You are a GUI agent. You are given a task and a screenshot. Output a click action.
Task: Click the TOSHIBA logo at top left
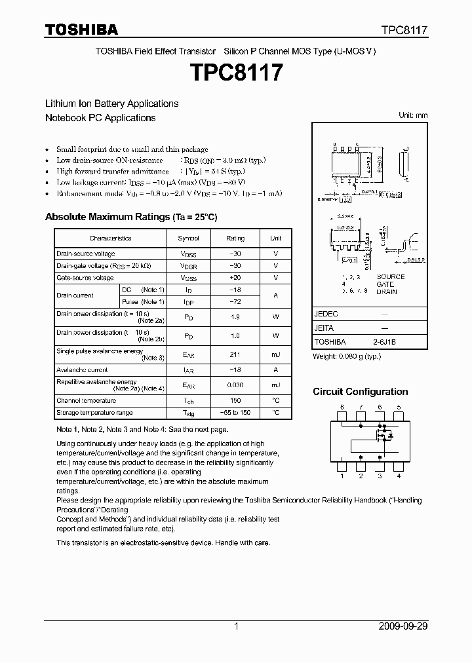pos(81,29)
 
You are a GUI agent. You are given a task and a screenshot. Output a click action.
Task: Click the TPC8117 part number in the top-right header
pos(404,30)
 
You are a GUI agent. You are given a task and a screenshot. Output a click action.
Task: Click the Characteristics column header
pos(110,238)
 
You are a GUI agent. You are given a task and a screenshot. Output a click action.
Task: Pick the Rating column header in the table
pos(235,238)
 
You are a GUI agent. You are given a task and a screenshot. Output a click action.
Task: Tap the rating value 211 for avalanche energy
pos(235,354)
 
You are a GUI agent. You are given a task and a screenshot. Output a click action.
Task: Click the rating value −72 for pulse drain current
pos(235,301)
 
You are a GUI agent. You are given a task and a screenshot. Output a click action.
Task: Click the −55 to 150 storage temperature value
pos(235,413)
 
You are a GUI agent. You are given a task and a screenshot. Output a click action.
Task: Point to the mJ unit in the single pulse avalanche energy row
pos(275,354)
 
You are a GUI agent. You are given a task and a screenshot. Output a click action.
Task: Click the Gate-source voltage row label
pos(85,278)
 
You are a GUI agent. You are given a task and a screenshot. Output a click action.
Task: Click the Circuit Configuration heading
pos(360,392)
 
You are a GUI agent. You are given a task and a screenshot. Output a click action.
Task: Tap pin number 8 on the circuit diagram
pos(341,407)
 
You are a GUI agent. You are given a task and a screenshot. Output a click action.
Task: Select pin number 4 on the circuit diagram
pos(399,476)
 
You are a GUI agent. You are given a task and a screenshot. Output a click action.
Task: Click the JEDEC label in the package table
pos(326,314)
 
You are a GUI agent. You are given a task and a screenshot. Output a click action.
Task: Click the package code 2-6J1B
pos(385,342)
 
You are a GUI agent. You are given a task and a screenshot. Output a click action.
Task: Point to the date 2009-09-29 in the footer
pos(403,626)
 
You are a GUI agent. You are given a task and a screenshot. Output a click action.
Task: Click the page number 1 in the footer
pos(236,626)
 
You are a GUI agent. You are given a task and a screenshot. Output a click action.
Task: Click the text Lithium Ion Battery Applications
pos(111,104)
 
